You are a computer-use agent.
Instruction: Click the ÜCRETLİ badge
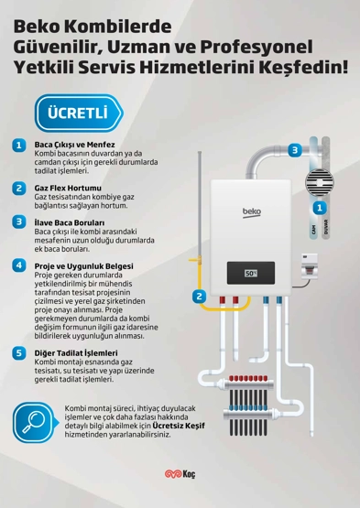point(79,113)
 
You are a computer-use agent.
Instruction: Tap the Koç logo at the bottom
point(180,474)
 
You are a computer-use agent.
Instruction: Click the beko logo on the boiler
point(252,212)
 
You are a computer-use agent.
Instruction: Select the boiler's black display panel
point(251,273)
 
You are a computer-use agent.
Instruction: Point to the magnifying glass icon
point(34,423)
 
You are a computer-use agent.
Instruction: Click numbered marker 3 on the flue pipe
point(295,150)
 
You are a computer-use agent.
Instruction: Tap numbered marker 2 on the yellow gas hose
point(199,296)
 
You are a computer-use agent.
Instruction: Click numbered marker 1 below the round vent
point(320,208)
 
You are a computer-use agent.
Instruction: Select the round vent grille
point(320,182)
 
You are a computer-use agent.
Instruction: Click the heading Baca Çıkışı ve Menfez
point(74,145)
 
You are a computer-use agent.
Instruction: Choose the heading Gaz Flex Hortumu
point(68,188)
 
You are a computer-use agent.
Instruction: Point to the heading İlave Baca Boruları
point(70,222)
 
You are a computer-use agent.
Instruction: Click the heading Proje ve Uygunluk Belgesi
point(83,266)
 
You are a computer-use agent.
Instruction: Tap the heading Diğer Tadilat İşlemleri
point(76,352)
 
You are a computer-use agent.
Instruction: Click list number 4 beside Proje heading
point(19,265)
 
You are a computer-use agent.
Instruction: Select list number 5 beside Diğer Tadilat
point(19,352)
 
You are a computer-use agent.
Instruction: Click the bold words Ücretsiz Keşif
point(179,426)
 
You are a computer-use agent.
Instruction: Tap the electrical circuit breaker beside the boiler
point(310,266)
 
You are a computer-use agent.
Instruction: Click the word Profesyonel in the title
point(256,48)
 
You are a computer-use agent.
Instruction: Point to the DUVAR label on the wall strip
point(326,227)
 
